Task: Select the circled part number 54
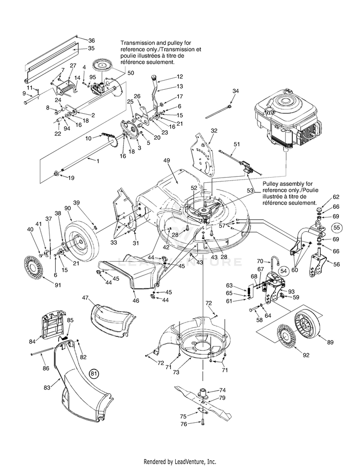pos(284,271)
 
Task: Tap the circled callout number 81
pos(94,373)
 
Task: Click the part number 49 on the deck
pos(167,161)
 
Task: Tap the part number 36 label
pos(91,41)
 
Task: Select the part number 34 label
pos(236,91)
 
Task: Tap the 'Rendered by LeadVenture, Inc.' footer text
pos(180,462)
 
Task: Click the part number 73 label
pos(176,372)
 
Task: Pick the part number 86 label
pos(46,369)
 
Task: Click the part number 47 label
pos(85,298)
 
